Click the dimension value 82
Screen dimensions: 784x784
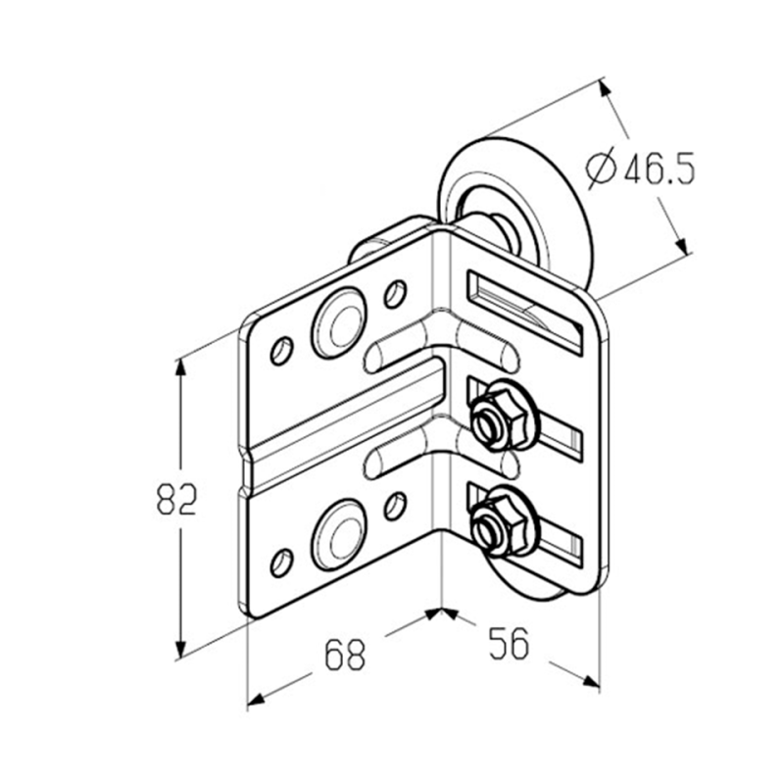click(177, 500)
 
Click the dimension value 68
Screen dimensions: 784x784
click(345, 655)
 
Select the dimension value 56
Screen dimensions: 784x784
click(508, 643)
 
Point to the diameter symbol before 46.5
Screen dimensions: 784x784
click(601, 168)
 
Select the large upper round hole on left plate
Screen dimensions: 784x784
click(339, 323)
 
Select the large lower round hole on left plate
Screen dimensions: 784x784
click(339, 534)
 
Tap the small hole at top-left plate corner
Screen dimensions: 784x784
click(281, 351)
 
